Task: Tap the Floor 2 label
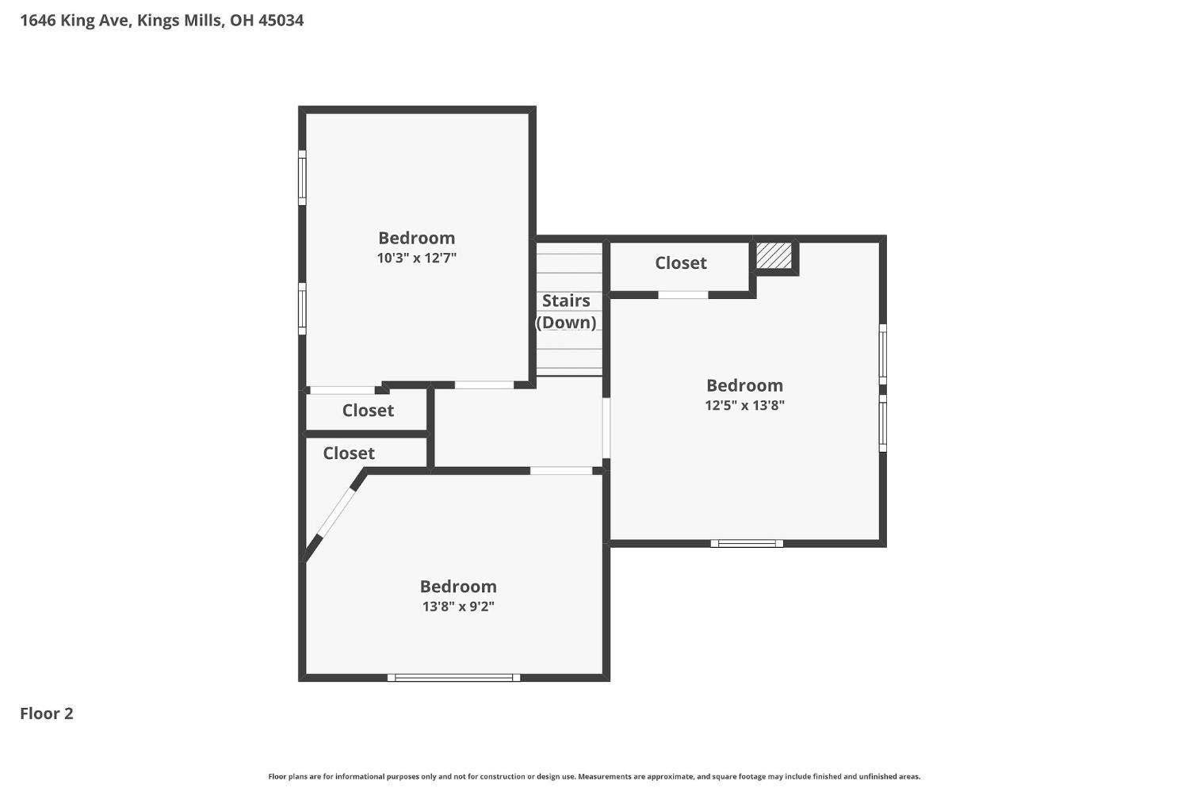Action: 46,713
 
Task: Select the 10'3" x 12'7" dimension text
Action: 417,258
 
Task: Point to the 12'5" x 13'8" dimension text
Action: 745,406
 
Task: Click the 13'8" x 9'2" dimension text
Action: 459,606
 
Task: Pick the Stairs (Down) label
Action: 566,311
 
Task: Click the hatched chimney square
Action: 774,255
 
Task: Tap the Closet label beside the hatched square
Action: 680,262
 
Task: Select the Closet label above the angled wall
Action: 349,453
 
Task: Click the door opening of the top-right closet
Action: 683,295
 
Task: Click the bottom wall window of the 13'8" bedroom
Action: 454,677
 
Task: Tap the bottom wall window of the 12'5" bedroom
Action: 747,543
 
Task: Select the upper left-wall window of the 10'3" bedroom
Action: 302,178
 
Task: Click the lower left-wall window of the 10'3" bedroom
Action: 302,308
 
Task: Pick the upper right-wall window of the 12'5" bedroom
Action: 883,354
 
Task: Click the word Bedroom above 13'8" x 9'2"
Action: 459,586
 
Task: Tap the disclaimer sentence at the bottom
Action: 594,777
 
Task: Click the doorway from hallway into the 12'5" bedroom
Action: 606,428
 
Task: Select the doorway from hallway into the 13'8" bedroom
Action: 561,471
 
